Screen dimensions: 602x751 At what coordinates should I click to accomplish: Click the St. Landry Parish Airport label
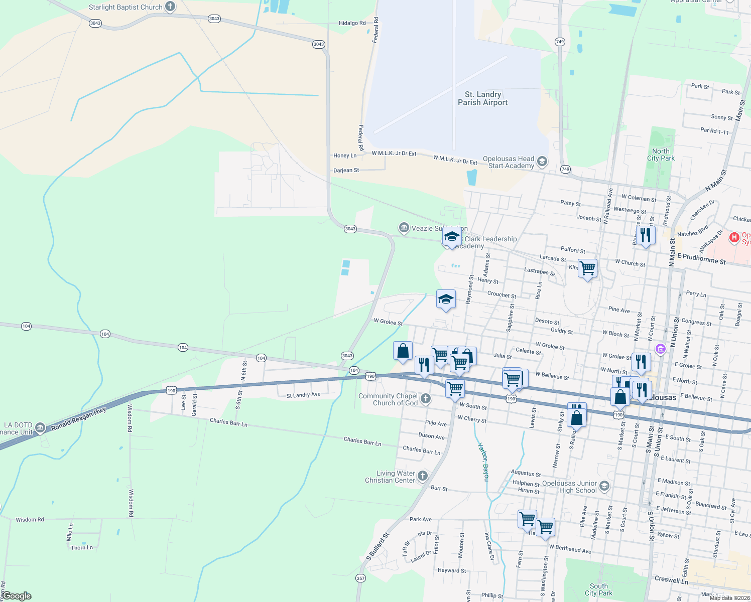point(482,98)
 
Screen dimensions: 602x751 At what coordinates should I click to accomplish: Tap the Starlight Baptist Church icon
point(170,7)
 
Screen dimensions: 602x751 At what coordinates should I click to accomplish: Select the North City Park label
point(661,155)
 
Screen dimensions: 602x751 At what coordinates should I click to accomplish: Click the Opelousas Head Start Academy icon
point(542,161)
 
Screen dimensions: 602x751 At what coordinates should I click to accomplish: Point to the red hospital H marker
point(734,237)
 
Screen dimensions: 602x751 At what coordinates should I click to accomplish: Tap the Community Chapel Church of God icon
point(426,399)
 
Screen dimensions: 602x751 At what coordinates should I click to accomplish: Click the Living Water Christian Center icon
point(423,476)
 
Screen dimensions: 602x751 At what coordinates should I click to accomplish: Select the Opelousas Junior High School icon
point(604,486)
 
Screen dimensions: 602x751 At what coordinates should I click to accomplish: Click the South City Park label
point(598,589)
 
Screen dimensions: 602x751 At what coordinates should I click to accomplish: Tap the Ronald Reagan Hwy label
point(78,419)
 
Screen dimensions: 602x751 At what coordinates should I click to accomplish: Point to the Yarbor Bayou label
point(483,462)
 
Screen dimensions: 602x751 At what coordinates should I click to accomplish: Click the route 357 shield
point(360,578)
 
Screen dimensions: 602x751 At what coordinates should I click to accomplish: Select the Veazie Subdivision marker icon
point(404,228)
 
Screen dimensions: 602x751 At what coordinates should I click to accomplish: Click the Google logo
point(17,596)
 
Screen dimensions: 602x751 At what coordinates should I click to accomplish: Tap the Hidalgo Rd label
point(352,23)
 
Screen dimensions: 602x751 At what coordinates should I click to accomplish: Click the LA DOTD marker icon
point(40,428)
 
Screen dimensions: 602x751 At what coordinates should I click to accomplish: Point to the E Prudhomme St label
point(701,259)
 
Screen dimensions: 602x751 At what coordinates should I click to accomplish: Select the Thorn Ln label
point(82,548)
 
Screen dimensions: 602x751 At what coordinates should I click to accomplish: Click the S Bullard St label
point(378,547)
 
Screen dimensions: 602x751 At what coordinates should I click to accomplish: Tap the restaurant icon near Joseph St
point(646,235)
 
